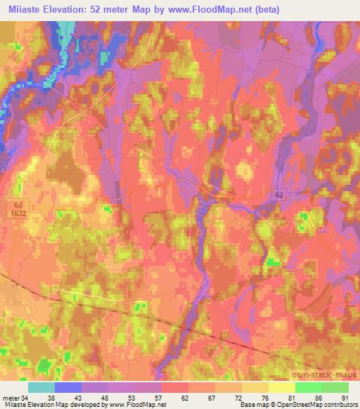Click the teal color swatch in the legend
pos(41,387)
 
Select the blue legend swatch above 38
pos(68,387)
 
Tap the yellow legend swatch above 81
pos(282,387)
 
